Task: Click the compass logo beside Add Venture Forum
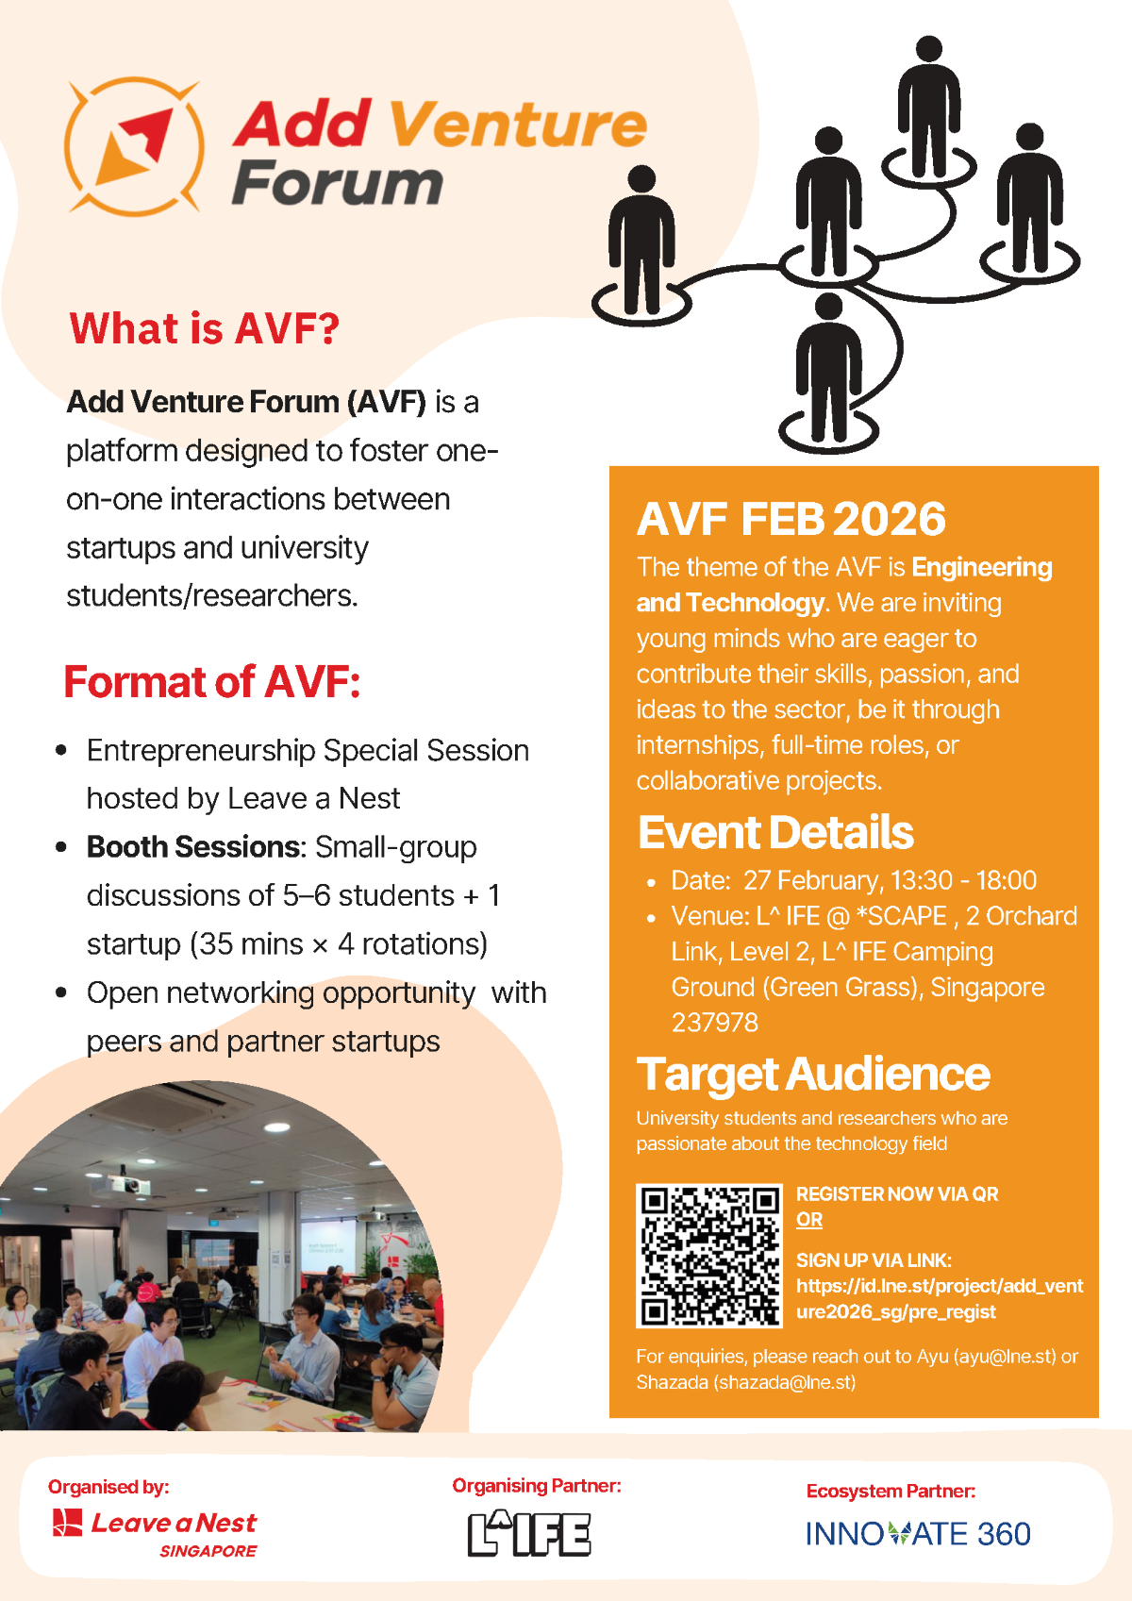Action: click(x=134, y=146)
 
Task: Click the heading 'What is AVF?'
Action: click(x=204, y=328)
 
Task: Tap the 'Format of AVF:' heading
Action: click(x=212, y=682)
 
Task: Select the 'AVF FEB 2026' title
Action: click(x=791, y=519)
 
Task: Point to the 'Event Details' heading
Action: click(x=775, y=832)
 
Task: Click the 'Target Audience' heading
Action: click(x=813, y=1074)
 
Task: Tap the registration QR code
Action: click(x=709, y=1256)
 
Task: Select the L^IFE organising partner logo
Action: click(x=529, y=1534)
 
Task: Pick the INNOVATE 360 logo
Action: click(x=918, y=1534)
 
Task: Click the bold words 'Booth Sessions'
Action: click(x=193, y=847)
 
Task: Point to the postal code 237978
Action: click(x=714, y=1023)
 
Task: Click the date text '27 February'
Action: click(x=811, y=880)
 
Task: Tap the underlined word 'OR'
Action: click(x=808, y=1220)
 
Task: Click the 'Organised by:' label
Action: click(x=108, y=1487)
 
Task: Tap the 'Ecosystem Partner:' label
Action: click(x=891, y=1491)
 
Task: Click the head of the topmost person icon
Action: click(x=929, y=49)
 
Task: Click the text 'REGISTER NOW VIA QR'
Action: click(x=896, y=1194)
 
